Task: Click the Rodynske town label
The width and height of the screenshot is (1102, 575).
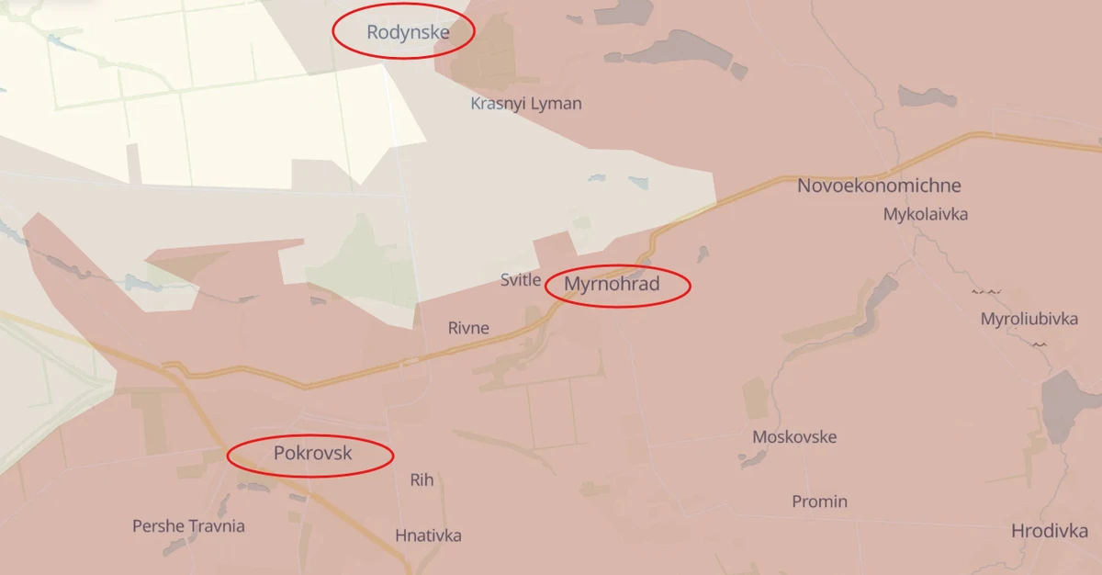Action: coord(408,33)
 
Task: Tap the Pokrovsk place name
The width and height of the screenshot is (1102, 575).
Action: coord(312,453)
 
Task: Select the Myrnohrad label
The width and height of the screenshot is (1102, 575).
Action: coord(612,284)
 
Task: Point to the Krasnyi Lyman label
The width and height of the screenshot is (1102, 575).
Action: coord(526,103)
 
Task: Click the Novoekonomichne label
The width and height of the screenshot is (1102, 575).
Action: coord(879,186)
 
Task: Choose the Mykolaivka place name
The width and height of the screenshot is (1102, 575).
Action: coord(926,214)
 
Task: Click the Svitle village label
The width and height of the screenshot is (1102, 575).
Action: coord(521,280)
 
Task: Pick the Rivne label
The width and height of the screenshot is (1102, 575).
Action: coord(468,328)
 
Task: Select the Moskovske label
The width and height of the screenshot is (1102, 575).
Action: coord(794,436)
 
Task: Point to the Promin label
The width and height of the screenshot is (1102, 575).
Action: coord(819,502)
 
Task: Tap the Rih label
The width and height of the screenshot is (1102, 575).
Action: coord(422,479)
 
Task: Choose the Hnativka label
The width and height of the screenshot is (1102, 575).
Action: coord(428,536)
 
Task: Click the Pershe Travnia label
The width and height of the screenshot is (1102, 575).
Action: coord(188,526)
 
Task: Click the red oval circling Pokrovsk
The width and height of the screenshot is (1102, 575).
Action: coord(310,474)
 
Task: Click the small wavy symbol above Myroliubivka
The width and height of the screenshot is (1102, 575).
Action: coord(987,291)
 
